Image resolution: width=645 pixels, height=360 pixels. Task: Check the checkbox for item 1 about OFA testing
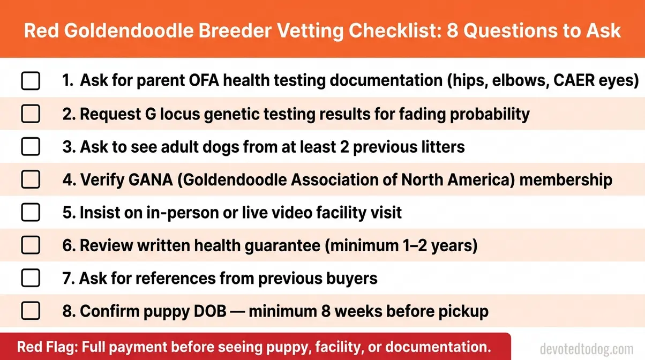pos(31,81)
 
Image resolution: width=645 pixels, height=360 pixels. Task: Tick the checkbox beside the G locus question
pos(31,114)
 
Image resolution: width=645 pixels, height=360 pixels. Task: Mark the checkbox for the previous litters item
pos(31,147)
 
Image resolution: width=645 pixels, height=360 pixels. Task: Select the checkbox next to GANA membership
pos(31,179)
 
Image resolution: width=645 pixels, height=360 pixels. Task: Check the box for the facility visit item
pos(31,213)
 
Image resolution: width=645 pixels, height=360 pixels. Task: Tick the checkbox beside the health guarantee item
pos(31,245)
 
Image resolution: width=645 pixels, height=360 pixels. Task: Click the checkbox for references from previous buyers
pos(31,278)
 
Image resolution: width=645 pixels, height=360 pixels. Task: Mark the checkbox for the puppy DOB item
pos(31,311)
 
